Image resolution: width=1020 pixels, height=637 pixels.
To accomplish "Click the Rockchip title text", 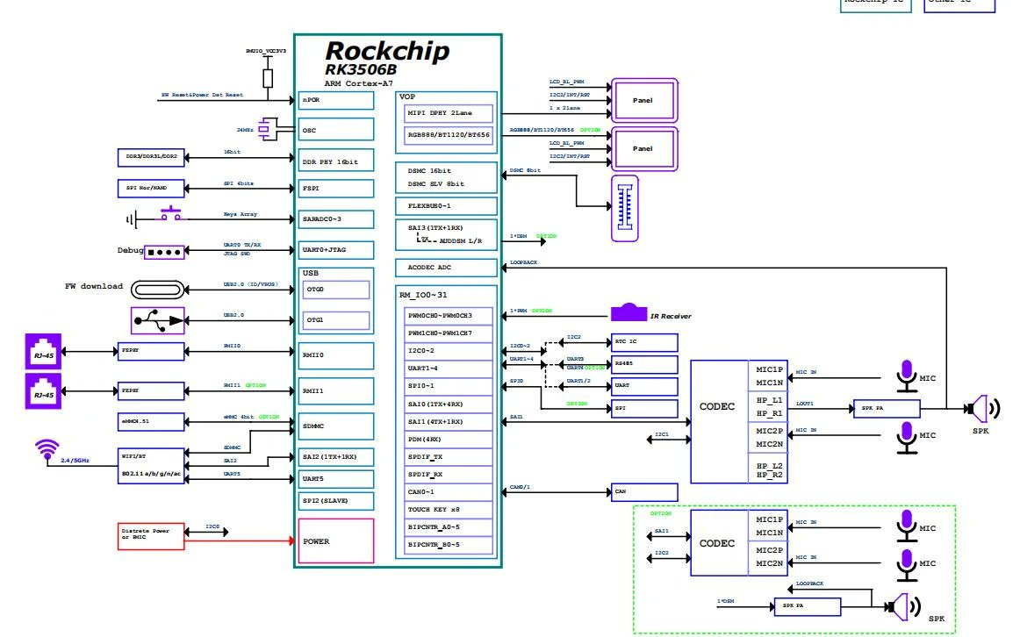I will click(387, 51).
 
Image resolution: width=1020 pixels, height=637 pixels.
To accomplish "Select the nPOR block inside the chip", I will click(336, 100).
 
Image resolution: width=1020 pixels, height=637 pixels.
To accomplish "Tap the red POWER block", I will click(336, 540).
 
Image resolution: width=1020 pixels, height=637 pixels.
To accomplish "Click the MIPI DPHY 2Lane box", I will click(449, 113).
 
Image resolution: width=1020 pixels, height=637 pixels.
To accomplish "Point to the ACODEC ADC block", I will click(447, 268).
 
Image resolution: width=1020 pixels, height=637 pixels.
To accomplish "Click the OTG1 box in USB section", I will click(336, 320).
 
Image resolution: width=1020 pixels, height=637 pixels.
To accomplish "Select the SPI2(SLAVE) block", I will click(336, 501).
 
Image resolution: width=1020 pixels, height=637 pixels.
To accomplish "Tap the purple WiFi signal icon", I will click(47, 450).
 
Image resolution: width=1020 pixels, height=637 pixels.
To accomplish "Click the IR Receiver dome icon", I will click(629, 312).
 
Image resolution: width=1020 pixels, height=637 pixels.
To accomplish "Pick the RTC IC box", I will click(645, 342).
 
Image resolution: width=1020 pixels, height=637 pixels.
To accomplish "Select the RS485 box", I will click(645, 364).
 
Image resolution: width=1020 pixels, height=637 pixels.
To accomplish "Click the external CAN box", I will click(645, 492).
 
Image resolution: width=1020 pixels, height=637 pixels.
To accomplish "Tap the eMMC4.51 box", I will click(151, 421).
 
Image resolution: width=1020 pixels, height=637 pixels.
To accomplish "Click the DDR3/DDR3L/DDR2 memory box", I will click(151, 157).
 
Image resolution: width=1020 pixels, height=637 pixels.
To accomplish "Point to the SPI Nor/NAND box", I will click(151, 189).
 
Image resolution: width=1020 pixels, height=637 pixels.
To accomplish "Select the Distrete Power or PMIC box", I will click(151, 536).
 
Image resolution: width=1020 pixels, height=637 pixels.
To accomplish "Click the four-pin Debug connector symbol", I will click(164, 252).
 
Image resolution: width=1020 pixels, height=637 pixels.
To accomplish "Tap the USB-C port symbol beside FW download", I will click(157, 289).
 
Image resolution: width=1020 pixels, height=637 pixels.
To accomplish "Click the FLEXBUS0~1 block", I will click(447, 206).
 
